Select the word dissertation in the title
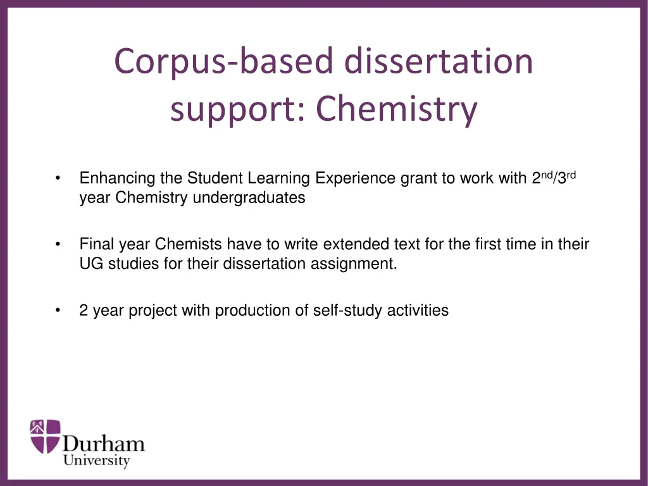pyautogui.click(x=439, y=61)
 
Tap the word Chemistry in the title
pyautogui.click(x=397, y=109)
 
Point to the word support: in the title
pyautogui.click(x=239, y=110)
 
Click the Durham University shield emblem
pyautogui.click(x=45, y=437)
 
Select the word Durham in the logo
pyautogui.click(x=104, y=444)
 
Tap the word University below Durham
pyautogui.click(x=96, y=461)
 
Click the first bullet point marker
pyautogui.click(x=58, y=178)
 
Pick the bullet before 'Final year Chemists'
pyautogui.click(x=58, y=244)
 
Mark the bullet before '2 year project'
pyautogui.click(x=58, y=310)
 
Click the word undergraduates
pyautogui.click(x=249, y=198)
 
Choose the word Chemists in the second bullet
pyautogui.click(x=189, y=244)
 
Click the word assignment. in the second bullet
pyautogui.click(x=354, y=264)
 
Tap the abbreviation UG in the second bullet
pyautogui.click(x=91, y=264)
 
